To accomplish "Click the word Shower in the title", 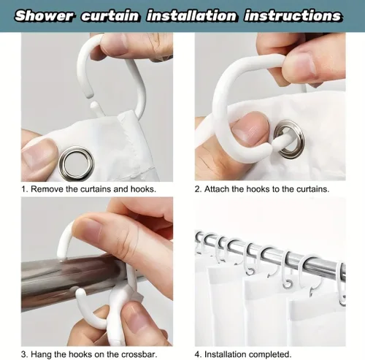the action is coord(44,16).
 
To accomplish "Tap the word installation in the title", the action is coord(191,16).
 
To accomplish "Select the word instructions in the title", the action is coord(293,16).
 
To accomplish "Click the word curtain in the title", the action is coord(110,16).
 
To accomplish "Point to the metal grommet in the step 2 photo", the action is coord(289,139).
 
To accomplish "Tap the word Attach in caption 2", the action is coord(217,189).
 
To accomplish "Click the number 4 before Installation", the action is coord(197,354).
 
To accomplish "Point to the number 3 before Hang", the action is coord(23,354).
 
